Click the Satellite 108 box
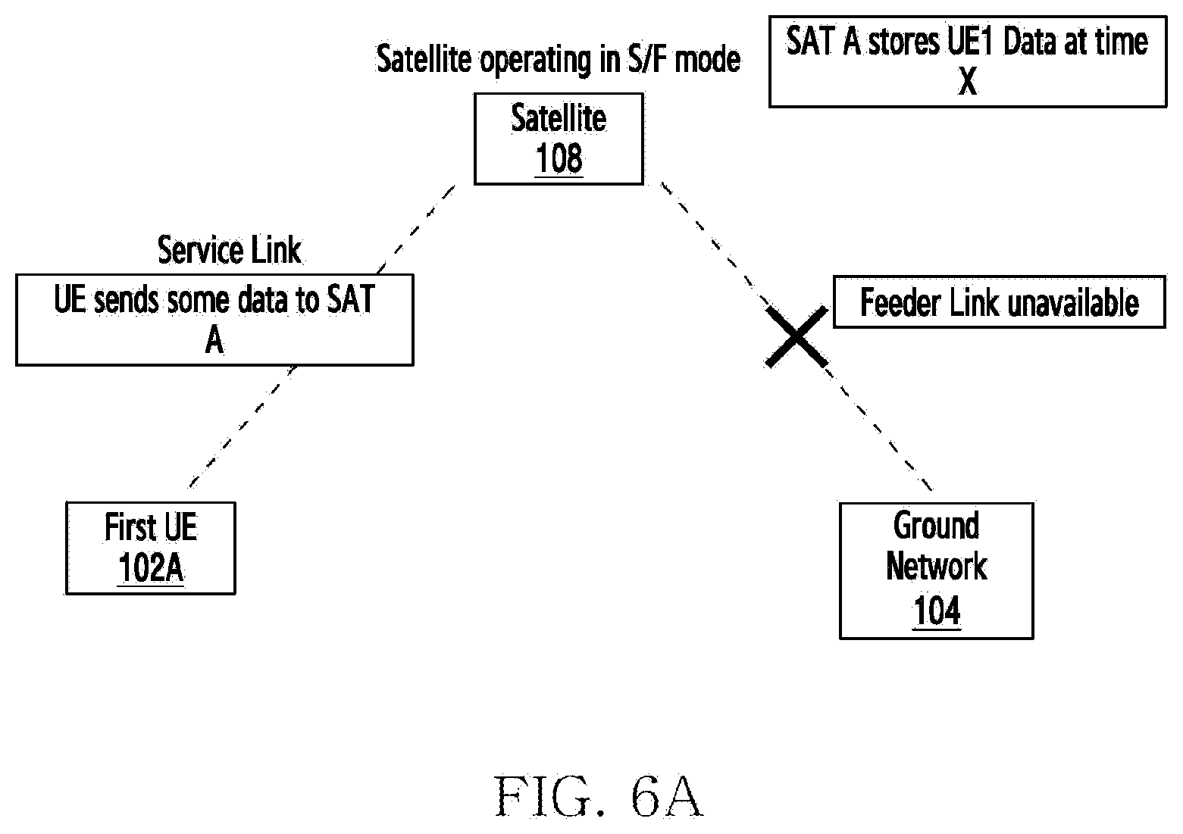(559, 139)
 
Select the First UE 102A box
(151, 548)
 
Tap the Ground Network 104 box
(937, 570)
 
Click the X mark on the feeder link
(796, 337)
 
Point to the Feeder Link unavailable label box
(999, 302)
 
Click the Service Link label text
(229, 250)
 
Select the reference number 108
(559, 158)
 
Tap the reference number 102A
(151, 568)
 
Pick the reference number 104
(937, 611)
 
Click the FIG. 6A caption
(599, 796)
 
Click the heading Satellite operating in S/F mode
(559, 59)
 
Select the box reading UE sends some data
(214, 320)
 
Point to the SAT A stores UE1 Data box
(968, 62)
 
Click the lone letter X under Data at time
(968, 81)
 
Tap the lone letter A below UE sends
(214, 340)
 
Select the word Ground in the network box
(937, 526)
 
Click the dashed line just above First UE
(243, 426)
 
